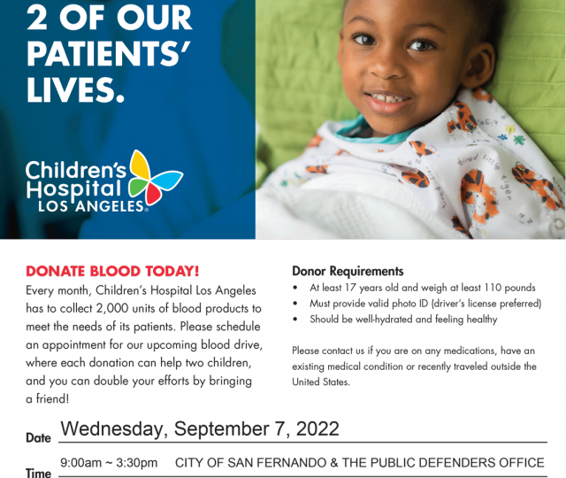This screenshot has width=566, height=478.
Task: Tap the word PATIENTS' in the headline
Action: click(108, 53)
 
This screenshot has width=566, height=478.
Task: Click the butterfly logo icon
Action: click(156, 177)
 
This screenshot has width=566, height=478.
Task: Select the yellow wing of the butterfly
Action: click(141, 165)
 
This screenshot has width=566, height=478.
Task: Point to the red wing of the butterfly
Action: click(153, 194)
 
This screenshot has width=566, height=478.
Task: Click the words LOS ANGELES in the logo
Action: click(91, 206)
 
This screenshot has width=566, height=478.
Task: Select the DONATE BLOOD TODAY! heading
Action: click(112, 272)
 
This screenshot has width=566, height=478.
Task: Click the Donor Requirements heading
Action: click(348, 271)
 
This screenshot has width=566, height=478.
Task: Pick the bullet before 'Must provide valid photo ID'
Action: click(295, 304)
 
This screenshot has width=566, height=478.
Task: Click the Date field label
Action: click(38, 438)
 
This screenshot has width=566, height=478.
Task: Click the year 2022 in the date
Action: click(317, 428)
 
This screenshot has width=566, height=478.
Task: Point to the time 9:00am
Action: click(80, 463)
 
